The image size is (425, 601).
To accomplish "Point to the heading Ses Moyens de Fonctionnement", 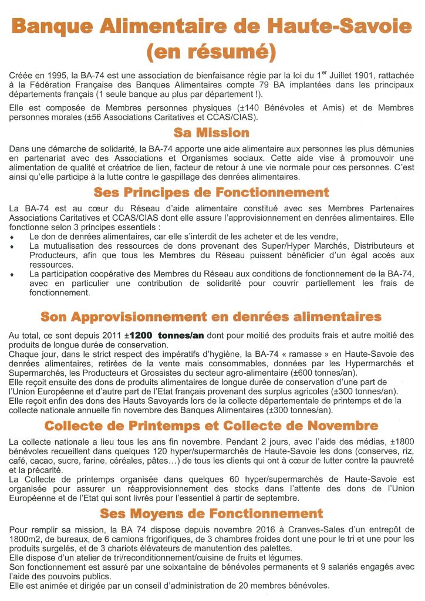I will click(212, 514).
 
